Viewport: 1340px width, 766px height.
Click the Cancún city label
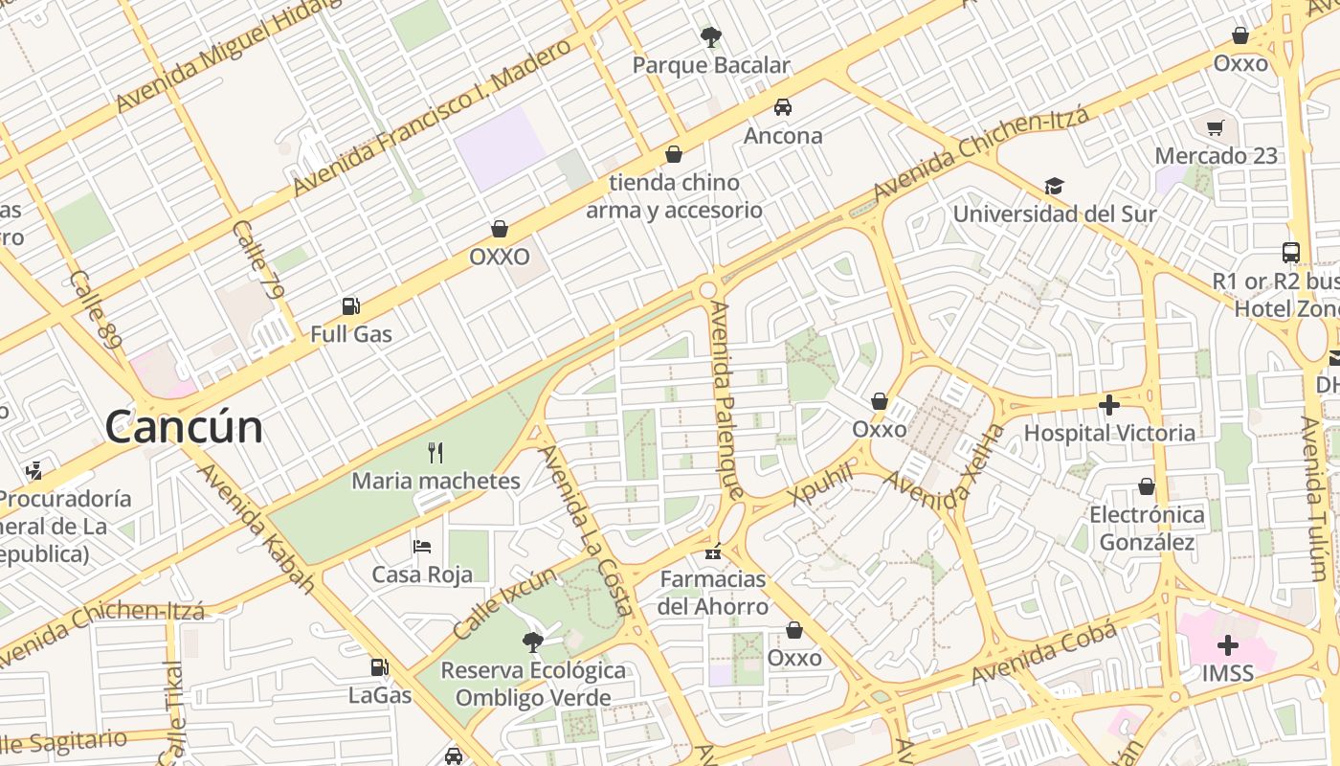tap(184, 427)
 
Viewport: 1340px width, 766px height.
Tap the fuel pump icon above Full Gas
tap(351, 306)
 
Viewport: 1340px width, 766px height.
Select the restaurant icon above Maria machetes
tap(435, 452)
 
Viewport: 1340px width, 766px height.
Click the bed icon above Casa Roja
tap(422, 547)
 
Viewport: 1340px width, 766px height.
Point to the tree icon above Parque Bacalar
tap(710, 37)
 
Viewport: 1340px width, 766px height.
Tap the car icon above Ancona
tap(783, 107)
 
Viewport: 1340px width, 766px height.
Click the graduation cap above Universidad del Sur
tap(1054, 186)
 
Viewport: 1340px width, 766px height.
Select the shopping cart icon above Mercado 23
tap(1216, 127)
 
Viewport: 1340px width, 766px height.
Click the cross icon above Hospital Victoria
tap(1109, 405)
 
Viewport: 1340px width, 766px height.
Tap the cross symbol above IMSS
tap(1227, 644)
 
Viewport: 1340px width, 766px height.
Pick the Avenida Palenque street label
tap(726, 400)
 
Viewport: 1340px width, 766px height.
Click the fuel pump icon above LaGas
tap(380, 667)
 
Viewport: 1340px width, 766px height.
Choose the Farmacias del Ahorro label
tap(714, 593)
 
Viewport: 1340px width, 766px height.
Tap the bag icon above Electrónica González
tap(1146, 487)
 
